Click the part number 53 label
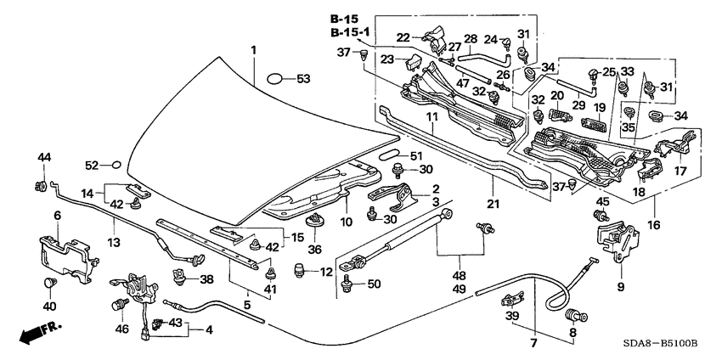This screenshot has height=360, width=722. point(303,79)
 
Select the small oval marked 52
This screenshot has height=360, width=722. point(117,164)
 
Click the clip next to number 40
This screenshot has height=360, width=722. point(49,283)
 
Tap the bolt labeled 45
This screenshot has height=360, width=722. point(603,217)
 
